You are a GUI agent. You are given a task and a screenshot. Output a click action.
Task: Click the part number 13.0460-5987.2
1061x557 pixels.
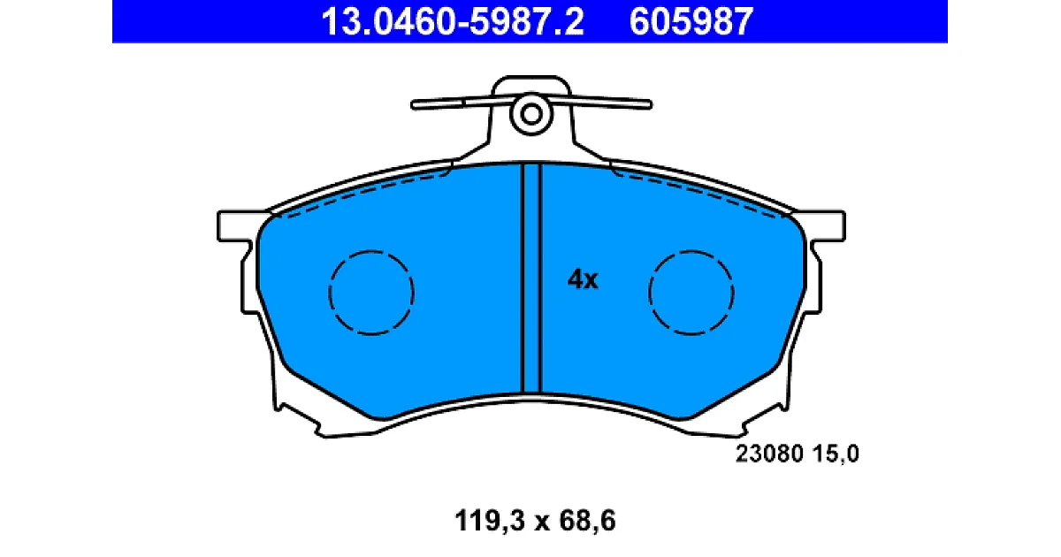(x=453, y=22)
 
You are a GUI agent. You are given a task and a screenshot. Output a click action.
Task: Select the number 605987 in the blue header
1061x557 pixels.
(x=691, y=22)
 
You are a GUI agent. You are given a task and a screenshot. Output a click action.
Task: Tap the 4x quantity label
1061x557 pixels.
(x=583, y=279)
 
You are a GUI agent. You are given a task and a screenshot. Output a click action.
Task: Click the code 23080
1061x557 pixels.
(x=769, y=454)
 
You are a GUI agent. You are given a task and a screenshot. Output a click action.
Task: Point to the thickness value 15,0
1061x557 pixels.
(x=836, y=454)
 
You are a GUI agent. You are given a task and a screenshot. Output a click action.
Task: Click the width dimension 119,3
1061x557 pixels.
(x=490, y=521)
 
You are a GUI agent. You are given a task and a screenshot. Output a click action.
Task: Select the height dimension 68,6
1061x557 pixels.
(x=587, y=521)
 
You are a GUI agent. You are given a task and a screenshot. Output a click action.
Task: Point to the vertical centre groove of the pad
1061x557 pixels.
(x=531, y=278)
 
